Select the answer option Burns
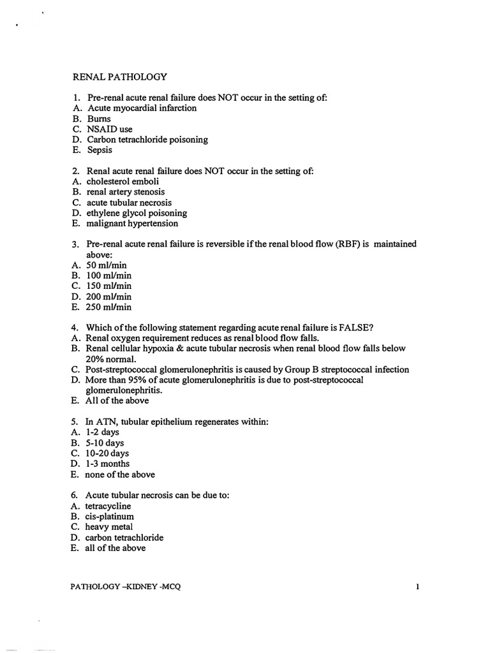(99, 119)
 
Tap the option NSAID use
(110, 129)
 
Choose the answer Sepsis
(100, 150)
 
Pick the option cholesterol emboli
(122, 181)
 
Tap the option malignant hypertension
(132, 223)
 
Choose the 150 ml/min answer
(108, 286)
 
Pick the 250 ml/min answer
(108, 307)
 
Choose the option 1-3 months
(107, 464)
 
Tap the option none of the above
(120, 474)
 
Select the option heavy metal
(109, 527)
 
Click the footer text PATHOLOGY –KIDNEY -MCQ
(126, 587)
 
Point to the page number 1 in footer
(417, 587)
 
